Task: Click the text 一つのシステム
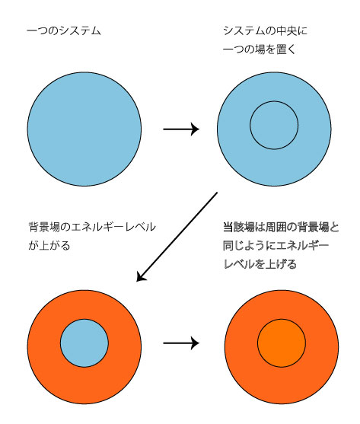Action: (64, 30)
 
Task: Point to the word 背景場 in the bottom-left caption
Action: (44, 227)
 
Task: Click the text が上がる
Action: (49, 246)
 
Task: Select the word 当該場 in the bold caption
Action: (239, 227)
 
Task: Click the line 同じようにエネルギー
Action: (276, 246)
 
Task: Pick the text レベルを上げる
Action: (260, 264)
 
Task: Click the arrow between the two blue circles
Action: (181, 129)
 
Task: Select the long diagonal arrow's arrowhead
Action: (141, 276)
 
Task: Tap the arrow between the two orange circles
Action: (181, 343)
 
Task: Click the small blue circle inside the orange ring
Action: (84, 343)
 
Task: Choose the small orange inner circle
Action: (282, 343)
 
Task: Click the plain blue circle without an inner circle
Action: (84, 129)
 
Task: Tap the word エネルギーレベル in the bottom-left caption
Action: (113, 227)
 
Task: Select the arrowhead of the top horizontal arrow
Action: (196, 129)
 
